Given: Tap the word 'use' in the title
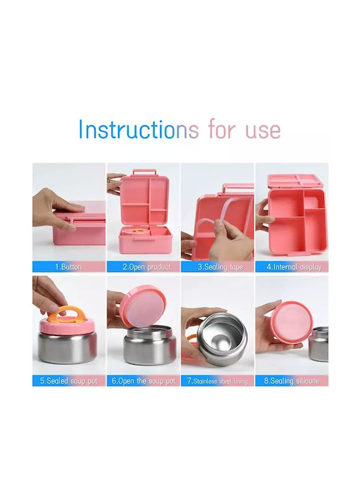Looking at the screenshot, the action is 263,131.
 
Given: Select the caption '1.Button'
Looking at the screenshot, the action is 68,267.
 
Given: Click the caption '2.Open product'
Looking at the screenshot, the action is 147,267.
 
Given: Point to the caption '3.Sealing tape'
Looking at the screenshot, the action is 220,267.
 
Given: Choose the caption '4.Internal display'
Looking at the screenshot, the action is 294,267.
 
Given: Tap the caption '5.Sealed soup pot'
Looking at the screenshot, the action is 69,381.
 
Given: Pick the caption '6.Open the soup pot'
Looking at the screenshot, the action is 143,381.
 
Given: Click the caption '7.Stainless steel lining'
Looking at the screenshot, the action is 217,381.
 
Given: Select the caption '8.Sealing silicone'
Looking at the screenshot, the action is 292,381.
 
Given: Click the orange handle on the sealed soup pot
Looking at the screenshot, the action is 67,315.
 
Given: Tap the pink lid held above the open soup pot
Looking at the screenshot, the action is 143,306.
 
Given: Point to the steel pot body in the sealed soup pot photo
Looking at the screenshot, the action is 67,348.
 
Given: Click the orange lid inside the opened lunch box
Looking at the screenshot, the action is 140,230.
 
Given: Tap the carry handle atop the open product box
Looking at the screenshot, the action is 145,172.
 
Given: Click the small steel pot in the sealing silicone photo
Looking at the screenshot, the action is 319,344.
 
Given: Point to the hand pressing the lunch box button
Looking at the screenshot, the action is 53,208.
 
